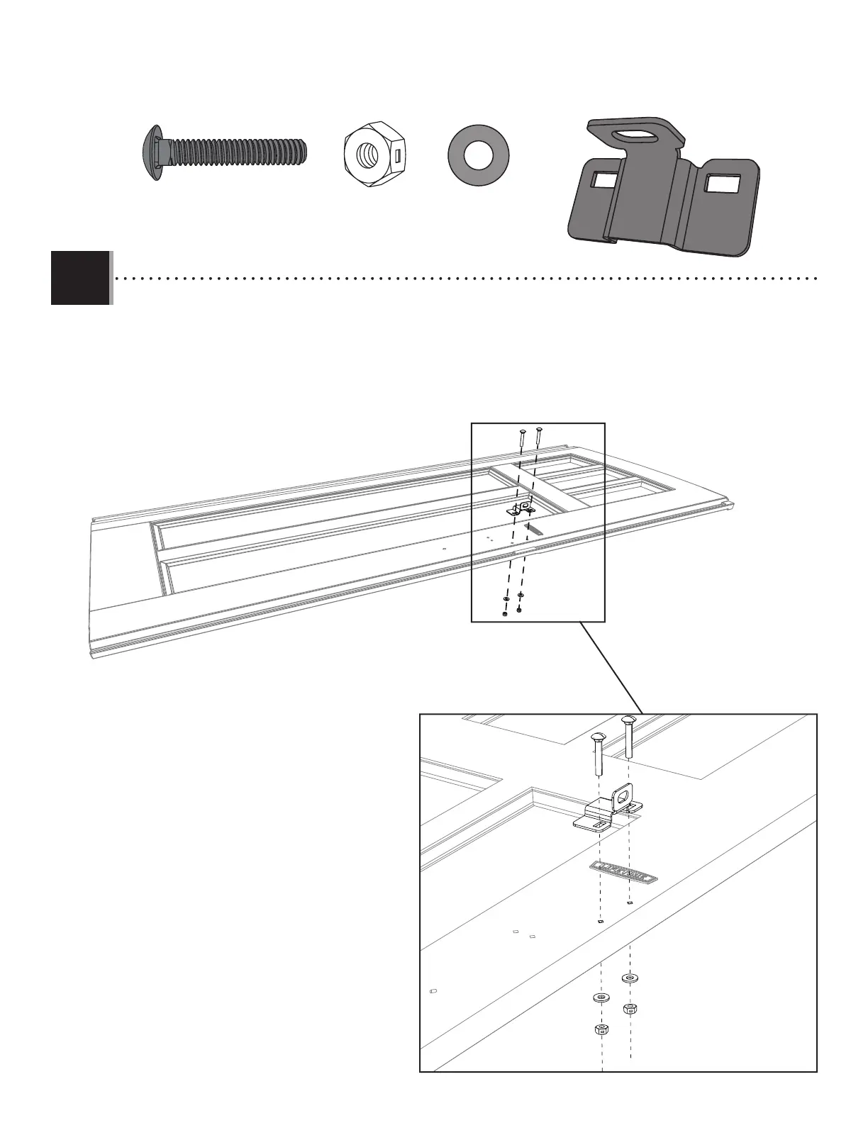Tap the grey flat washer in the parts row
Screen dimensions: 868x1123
tap(479, 156)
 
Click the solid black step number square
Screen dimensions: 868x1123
tap(80, 278)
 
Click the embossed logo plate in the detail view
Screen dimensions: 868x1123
tap(623, 872)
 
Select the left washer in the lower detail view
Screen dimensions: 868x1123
tap(601, 998)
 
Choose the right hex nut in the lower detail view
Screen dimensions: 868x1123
tap(629, 1008)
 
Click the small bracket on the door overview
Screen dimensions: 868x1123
tap(521, 509)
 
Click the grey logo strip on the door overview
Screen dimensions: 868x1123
tap(533, 530)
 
